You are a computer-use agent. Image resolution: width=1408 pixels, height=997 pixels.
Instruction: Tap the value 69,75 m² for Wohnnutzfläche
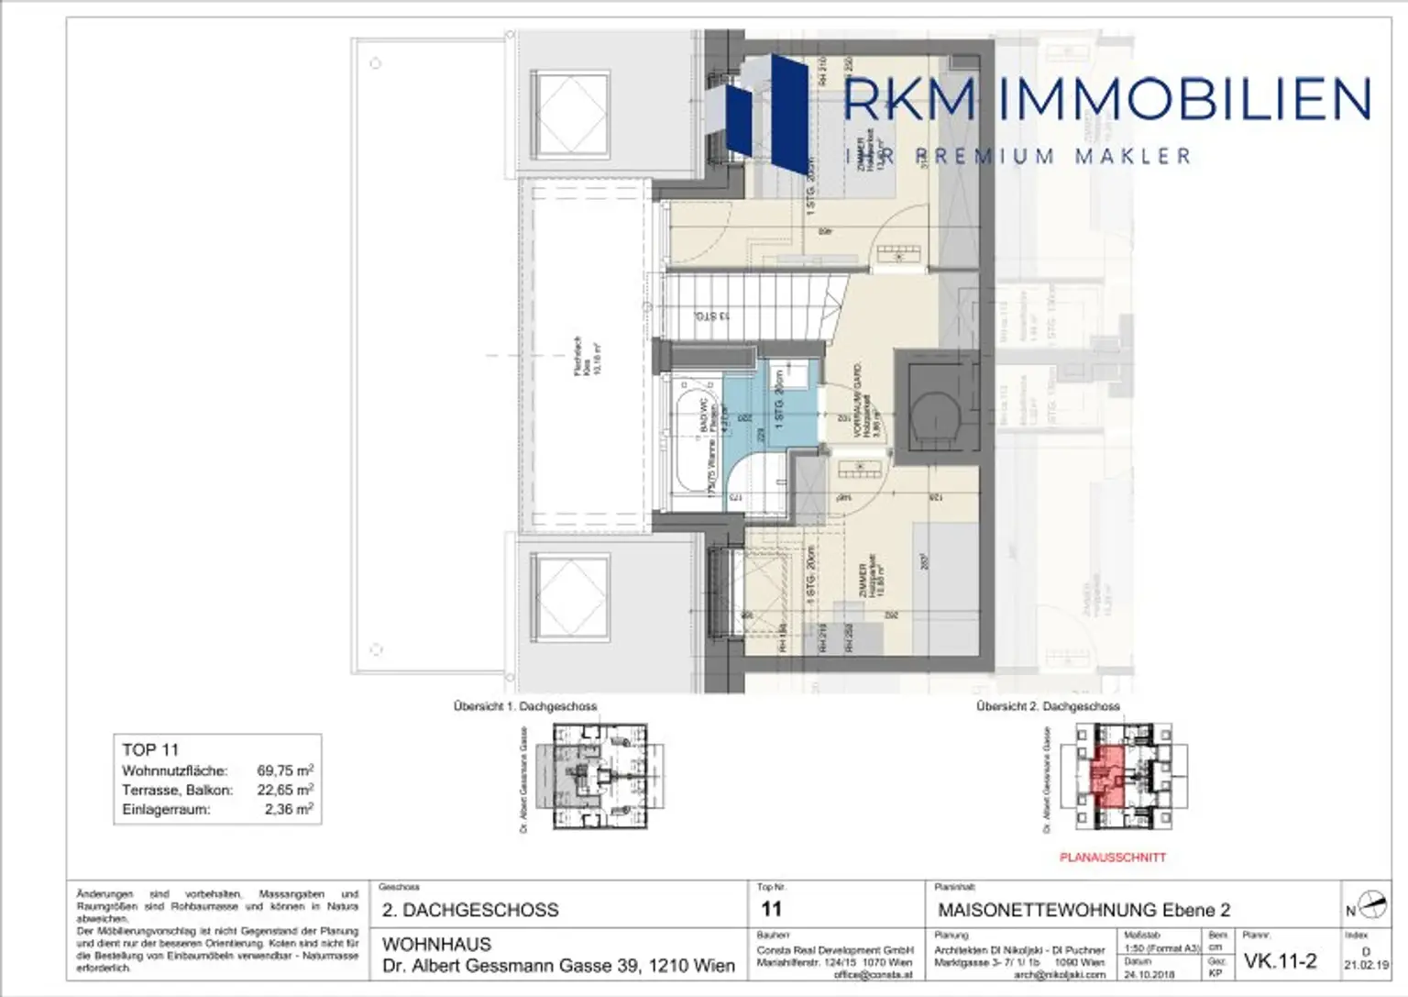click(x=285, y=770)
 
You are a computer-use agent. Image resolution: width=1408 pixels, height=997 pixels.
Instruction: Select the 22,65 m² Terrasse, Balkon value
click(x=285, y=790)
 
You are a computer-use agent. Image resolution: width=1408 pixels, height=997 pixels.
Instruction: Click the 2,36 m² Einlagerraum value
click(x=289, y=809)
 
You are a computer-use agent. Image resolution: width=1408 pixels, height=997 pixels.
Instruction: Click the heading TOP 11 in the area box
click(x=150, y=749)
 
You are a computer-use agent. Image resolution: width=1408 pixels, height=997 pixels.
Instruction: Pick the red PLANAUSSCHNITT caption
click(x=1112, y=858)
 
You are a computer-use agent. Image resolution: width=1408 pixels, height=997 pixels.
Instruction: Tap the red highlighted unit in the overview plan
click(x=1106, y=776)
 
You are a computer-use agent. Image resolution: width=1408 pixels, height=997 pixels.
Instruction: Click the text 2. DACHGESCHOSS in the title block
click(x=470, y=910)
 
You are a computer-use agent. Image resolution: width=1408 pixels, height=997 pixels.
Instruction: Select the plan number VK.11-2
click(x=1280, y=961)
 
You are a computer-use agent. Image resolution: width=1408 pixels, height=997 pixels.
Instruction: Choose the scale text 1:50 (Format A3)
click(x=1161, y=948)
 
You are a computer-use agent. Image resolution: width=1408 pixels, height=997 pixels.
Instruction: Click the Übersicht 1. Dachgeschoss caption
click(x=524, y=706)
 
